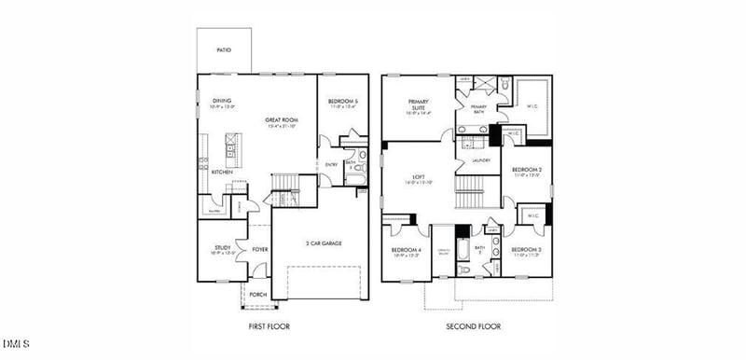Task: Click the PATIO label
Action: click(x=224, y=50)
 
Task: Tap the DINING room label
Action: click(x=222, y=101)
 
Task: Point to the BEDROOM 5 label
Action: click(x=343, y=101)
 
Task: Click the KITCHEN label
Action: click(x=221, y=172)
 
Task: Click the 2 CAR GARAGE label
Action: click(x=323, y=243)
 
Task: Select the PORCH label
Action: click(x=257, y=294)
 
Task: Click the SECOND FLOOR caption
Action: click(x=474, y=326)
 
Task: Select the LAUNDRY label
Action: click(x=481, y=160)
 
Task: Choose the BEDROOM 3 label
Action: click(x=527, y=249)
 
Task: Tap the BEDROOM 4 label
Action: click(x=407, y=250)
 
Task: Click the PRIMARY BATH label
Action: click(x=478, y=108)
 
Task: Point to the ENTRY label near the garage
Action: click(x=332, y=165)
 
